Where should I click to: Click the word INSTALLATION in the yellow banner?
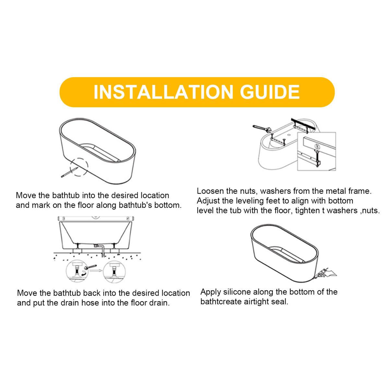pos(163,92)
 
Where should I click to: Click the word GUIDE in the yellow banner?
pos(270,92)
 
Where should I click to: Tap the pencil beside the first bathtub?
pos(69,172)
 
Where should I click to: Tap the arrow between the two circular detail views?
pos(96,270)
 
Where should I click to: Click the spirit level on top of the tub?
pos(96,218)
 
